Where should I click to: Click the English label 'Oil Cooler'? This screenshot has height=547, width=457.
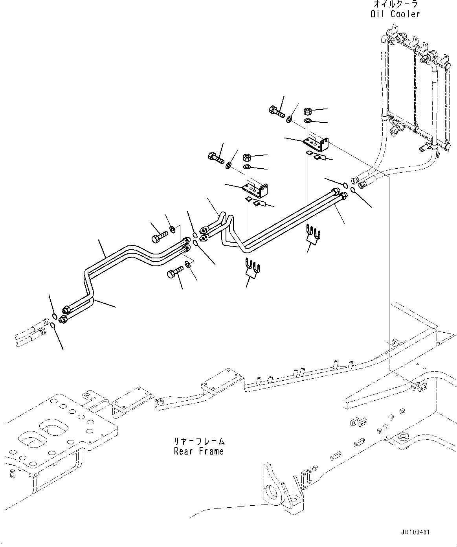pos(395,14)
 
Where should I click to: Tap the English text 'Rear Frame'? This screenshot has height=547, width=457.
pos(199,451)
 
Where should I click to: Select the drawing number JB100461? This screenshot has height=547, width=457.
pos(415,532)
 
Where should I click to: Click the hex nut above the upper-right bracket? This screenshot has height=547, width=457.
pos(308,111)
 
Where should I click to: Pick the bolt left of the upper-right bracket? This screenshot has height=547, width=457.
pos(277,111)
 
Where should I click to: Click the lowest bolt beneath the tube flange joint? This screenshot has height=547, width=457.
pos(175,271)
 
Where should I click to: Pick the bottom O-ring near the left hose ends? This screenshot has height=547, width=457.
pos(53,325)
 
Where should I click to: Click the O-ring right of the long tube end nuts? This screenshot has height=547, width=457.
pos(353,191)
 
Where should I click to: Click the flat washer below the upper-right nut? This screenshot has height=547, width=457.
pos(308,120)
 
